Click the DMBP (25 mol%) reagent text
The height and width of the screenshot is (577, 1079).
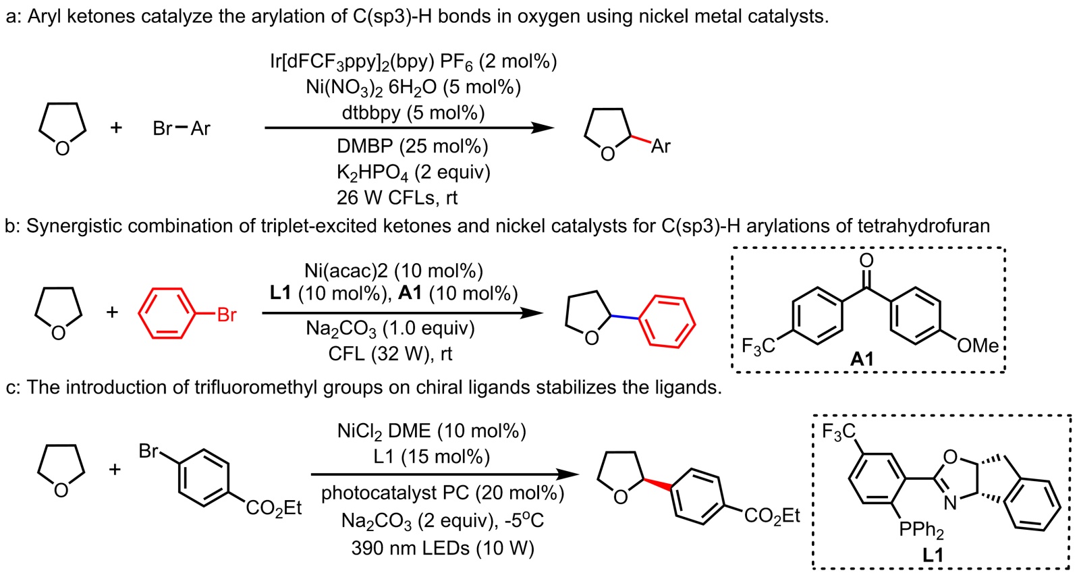412,146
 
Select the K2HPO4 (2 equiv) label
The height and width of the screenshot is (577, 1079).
413,173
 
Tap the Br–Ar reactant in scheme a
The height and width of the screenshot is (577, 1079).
182,128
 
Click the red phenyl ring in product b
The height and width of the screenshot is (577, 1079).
667,323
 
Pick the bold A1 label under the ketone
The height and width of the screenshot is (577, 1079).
862,359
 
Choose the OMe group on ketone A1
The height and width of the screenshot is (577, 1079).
977,346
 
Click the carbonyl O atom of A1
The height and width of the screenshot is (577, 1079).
866,260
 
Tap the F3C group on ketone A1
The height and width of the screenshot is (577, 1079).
758,347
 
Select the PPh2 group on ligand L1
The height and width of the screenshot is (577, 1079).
922,530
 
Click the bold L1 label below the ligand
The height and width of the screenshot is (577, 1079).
933,555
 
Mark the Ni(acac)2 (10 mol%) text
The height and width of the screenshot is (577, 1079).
393,271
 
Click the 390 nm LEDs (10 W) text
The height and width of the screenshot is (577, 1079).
442,548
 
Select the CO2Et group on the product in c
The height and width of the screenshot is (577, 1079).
772,517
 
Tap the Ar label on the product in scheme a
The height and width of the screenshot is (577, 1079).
660,146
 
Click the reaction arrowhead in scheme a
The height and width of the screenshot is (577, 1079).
543,128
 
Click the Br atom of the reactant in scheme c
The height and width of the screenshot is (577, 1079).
148,451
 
